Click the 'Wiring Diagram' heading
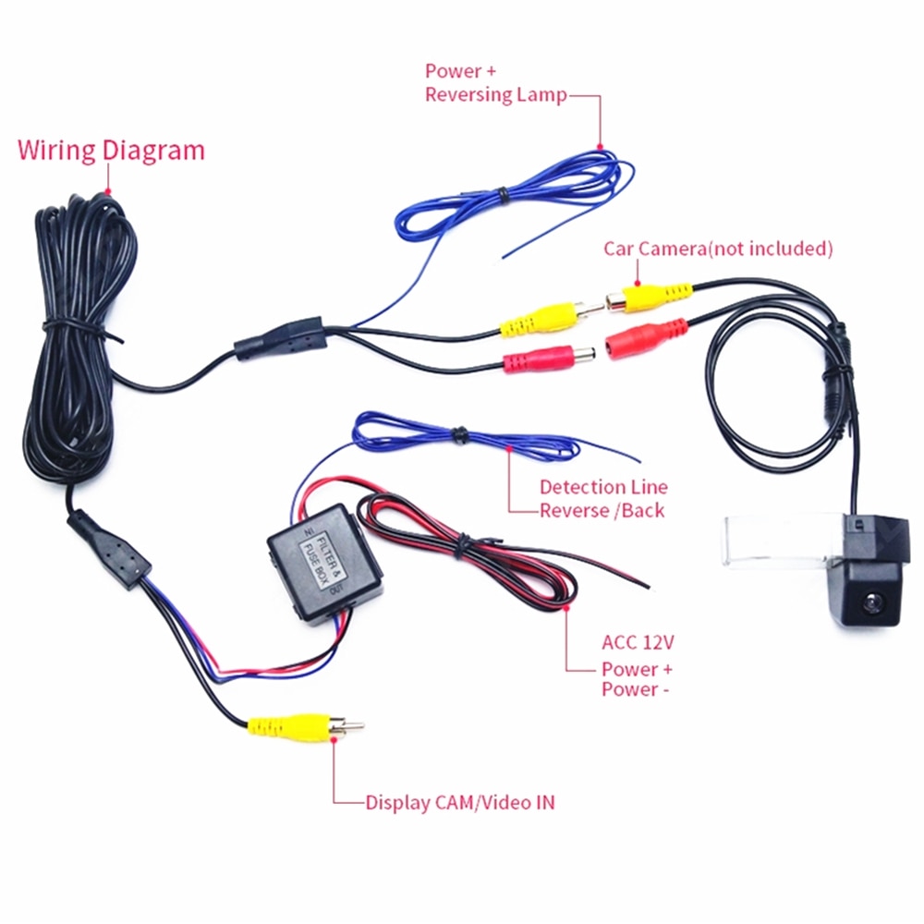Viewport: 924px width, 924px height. click(x=111, y=150)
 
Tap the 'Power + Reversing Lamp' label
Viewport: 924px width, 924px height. click(x=495, y=83)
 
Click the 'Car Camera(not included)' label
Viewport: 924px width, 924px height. click(x=718, y=249)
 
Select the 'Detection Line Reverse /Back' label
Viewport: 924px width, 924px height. click(x=602, y=498)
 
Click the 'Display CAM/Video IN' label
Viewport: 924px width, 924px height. click(x=460, y=802)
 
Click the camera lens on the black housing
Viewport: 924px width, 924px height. click(x=872, y=602)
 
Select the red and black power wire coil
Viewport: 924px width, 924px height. click(x=480, y=554)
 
